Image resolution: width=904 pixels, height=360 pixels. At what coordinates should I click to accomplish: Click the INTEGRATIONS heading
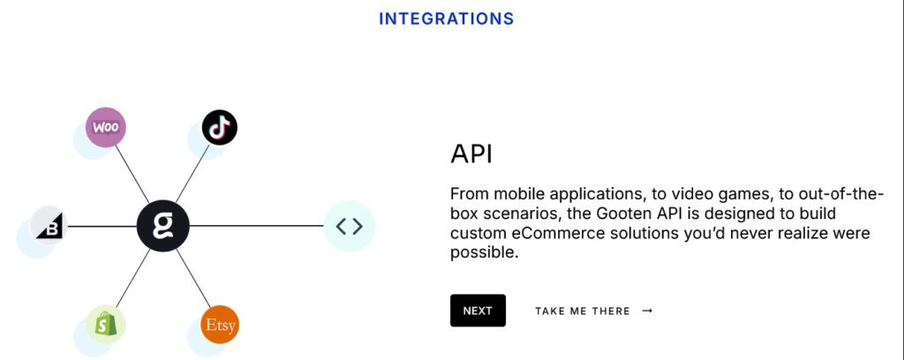pyautogui.click(x=446, y=19)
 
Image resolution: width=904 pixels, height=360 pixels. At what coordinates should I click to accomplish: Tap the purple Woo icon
pyautogui.click(x=106, y=127)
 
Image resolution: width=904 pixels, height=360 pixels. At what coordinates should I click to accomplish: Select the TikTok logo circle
pyautogui.click(x=220, y=127)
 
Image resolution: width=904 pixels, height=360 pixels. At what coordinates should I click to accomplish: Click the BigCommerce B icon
pyautogui.click(x=49, y=226)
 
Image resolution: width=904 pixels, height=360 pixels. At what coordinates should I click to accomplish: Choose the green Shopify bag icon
pyautogui.click(x=106, y=325)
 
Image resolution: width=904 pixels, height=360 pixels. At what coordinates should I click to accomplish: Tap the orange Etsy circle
pyautogui.click(x=220, y=325)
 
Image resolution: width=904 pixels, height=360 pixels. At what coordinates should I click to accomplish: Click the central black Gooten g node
pyautogui.click(x=163, y=226)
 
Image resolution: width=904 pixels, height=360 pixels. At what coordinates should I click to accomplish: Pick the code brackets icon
pyautogui.click(x=350, y=226)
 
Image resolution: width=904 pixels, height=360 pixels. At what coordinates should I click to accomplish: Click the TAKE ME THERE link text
pyautogui.click(x=583, y=311)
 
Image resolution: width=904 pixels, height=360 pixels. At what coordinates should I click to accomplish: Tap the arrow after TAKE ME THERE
pyautogui.click(x=647, y=311)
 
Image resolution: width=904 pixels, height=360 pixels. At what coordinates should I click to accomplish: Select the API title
pyautogui.click(x=471, y=154)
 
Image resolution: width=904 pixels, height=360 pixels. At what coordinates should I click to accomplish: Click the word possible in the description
pyautogui.click(x=481, y=253)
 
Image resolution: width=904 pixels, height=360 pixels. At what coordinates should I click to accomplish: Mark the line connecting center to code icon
pyautogui.click(x=257, y=226)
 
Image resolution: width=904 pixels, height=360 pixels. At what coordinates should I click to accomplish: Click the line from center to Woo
pyautogui.click(x=132, y=174)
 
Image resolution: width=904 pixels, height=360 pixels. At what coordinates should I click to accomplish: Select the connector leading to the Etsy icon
pyautogui.click(x=193, y=278)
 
